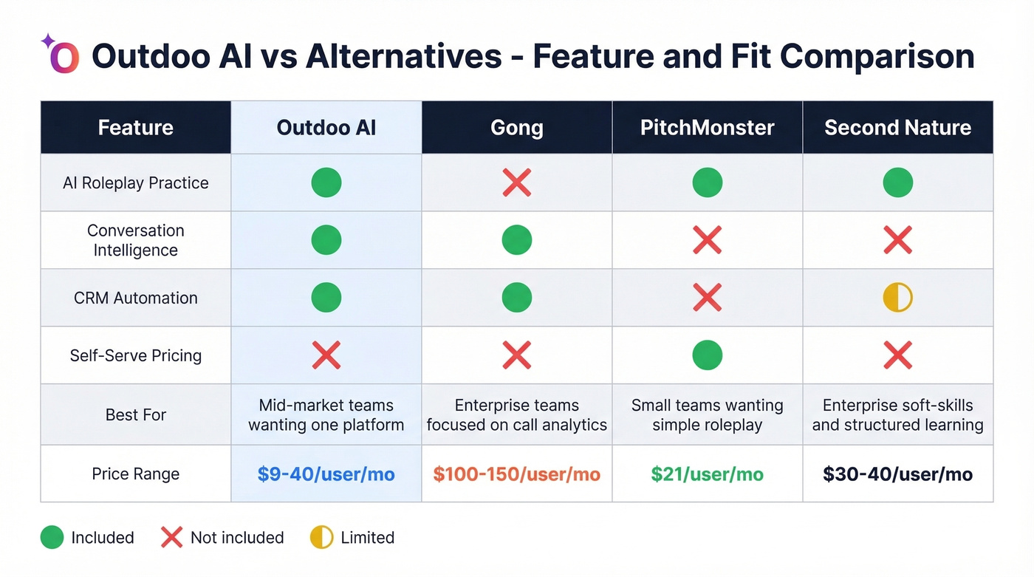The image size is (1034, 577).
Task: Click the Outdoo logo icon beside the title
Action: click(x=63, y=56)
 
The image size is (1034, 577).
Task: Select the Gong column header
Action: click(x=516, y=128)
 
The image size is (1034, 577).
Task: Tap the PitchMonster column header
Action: click(x=707, y=128)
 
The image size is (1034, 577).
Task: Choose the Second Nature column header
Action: click(x=897, y=128)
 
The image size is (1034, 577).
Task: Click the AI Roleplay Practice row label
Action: click(x=136, y=183)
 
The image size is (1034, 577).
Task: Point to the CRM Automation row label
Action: click(x=136, y=298)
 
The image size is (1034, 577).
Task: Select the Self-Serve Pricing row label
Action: click(x=136, y=355)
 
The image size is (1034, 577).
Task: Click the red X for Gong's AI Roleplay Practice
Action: click(x=516, y=182)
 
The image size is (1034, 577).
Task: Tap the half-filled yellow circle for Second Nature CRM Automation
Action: click(x=897, y=298)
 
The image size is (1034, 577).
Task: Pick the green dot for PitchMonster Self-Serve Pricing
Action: click(x=707, y=355)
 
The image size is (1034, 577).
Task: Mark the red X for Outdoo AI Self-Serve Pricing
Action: click(x=326, y=355)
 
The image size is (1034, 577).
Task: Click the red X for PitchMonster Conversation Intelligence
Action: click(x=707, y=240)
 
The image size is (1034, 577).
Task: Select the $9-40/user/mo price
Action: click(x=326, y=474)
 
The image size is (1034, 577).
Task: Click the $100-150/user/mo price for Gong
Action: click(x=516, y=474)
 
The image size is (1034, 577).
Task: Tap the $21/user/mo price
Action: click(x=707, y=474)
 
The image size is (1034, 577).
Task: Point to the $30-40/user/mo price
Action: click(x=897, y=474)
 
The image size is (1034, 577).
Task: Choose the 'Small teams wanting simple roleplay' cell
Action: click(x=707, y=414)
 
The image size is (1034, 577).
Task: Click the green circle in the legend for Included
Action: click(x=52, y=538)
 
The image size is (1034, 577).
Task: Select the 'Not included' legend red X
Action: click(x=171, y=538)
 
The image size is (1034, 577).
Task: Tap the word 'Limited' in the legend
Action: click(x=367, y=538)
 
